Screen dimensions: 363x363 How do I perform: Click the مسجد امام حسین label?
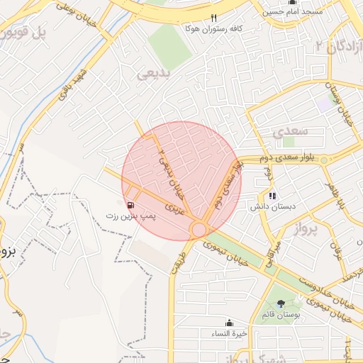(x=292, y=13)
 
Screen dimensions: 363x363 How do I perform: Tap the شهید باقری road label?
(x=74, y=83)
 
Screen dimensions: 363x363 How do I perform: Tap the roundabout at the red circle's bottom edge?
(x=199, y=229)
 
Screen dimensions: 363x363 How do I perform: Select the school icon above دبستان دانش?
(x=272, y=196)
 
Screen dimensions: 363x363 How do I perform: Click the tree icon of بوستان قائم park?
(x=281, y=303)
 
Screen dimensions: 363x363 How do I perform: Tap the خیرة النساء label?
(x=230, y=333)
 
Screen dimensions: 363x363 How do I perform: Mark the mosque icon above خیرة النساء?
(x=230, y=323)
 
